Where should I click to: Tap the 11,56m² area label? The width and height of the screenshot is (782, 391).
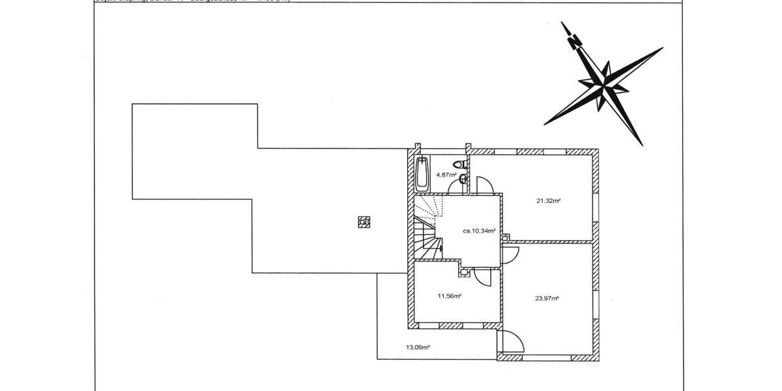(449, 296)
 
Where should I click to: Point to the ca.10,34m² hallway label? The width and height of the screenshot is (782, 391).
(479, 231)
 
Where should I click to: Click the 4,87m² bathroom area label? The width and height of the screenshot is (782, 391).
(445, 175)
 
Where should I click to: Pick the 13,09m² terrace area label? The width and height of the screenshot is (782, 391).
(418, 347)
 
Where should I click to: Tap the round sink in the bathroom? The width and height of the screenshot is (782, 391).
(462, 178)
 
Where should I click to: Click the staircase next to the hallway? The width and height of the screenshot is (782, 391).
(424, 228)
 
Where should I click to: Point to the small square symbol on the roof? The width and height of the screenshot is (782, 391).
(364, 222)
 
